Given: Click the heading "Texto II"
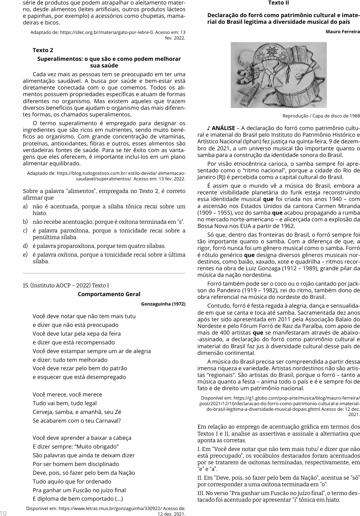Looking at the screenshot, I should (x=278, y=3).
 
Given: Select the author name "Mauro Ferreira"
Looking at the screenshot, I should (x=343, y=32).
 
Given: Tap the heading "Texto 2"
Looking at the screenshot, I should (x=43, y=50).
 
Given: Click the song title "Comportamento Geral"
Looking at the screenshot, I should (x=109, y=294).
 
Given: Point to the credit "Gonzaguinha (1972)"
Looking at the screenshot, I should (x=163, y=303).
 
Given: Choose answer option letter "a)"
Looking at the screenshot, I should (x=25, y=207).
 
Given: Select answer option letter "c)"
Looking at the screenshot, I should (x=25, y=231).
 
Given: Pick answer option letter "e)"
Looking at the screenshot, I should (x=25, y=255).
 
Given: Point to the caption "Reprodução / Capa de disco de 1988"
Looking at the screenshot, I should (x=321, y=116).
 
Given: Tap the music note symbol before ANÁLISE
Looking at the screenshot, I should (x=209, y=128).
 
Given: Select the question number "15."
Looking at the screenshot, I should (x=26, y=285).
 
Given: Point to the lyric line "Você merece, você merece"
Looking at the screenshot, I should (x=67, y=394).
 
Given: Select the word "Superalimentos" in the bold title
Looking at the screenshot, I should (x=59, y=59).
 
